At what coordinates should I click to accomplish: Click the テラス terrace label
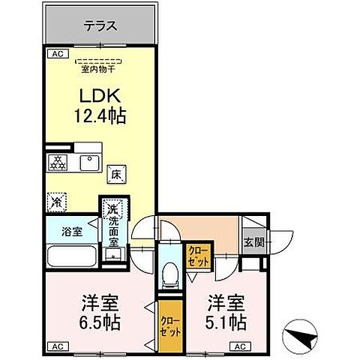(x=100, y=25)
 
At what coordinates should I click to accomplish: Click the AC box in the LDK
(x=56, y=54)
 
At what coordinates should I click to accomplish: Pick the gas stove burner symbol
(x=57, y=161)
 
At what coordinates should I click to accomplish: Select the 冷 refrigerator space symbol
(x=55, y=201)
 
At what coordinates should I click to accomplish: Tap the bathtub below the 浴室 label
(x=70, y=256)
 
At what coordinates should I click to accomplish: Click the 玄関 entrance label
(x=253, y=241)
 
